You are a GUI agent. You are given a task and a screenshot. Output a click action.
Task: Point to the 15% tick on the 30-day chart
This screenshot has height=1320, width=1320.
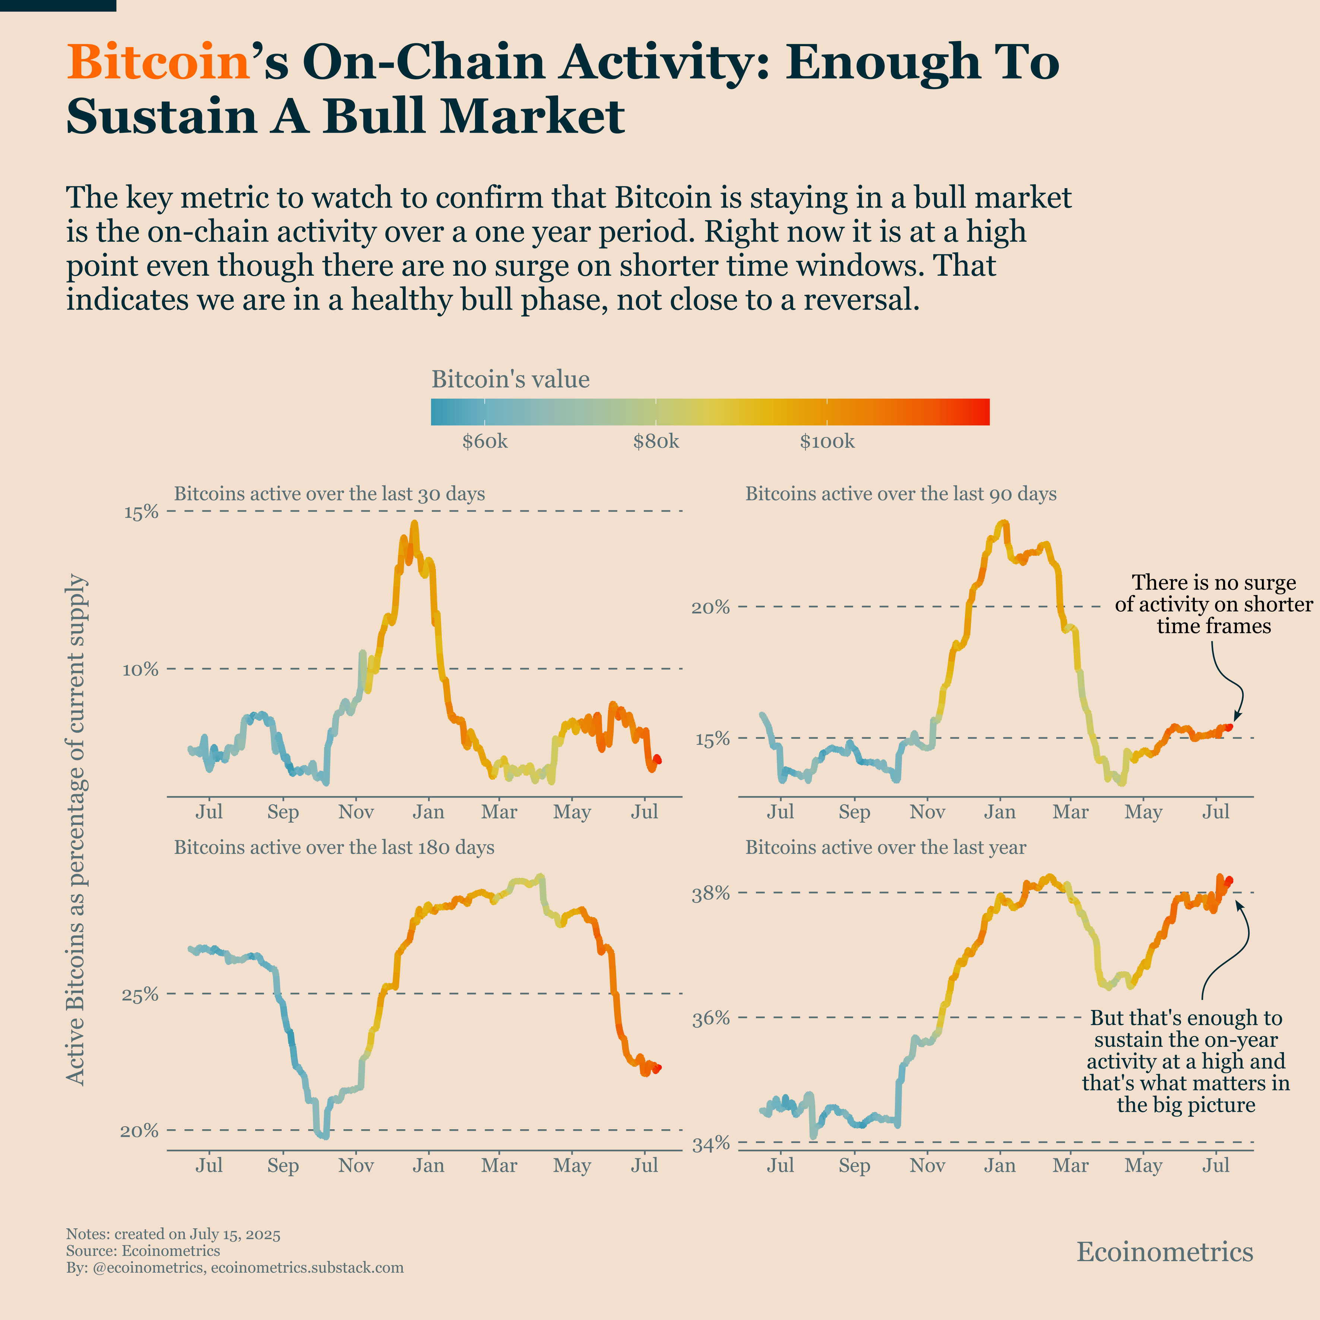click(x=141, y=512)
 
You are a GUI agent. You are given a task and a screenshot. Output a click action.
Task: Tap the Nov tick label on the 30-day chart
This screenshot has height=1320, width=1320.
click(x=356, y=812)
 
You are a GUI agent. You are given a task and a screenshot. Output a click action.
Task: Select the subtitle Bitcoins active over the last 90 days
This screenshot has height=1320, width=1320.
click(x=900, y=494)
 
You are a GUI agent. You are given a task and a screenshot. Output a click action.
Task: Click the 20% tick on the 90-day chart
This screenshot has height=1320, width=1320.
click(x=711, y=607)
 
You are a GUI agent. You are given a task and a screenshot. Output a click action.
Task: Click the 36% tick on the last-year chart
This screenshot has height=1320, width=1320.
click(x=711, y=1019)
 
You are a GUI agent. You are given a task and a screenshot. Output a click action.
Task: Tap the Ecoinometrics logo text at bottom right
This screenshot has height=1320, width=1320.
click(x=1164, y=1252)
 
